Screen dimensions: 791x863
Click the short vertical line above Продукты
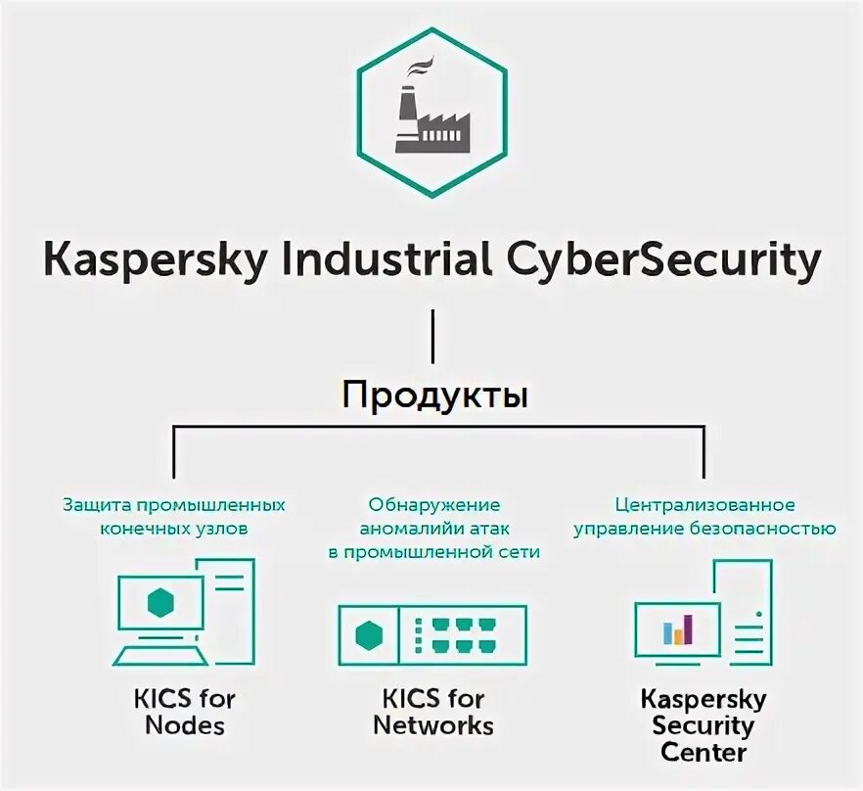tap(432, 338)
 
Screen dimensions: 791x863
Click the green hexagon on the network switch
tap(369, 636)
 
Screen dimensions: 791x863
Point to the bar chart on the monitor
tap(677, 629)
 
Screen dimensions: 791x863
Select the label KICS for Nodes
tap(185, 712)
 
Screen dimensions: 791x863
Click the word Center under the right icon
tap(704, 753)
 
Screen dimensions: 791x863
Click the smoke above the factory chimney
tap(420, 68)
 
